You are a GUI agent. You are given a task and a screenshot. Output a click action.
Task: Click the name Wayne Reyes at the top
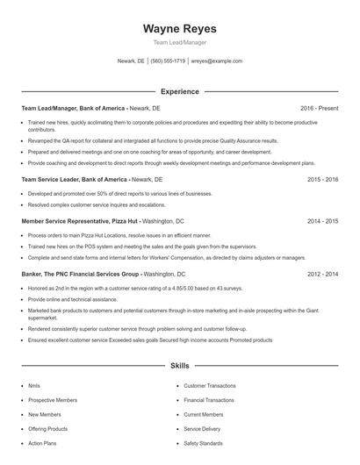[179, 29]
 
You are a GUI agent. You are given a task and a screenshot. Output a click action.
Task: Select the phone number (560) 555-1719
[168, 61]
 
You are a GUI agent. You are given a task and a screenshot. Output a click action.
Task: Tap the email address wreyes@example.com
[217, 61]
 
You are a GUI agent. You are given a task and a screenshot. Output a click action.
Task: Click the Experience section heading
[179, 91]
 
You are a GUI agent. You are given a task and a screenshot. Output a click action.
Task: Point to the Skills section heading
[179, 365]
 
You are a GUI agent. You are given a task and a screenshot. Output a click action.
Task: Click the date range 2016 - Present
[319, 108]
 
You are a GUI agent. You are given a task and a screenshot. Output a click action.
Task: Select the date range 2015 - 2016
[322, 179]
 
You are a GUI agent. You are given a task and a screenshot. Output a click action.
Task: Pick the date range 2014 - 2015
[322, 222]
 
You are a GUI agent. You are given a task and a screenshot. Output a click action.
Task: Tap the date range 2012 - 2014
[322, 274]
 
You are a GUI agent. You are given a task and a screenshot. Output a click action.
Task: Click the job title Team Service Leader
[52, 179]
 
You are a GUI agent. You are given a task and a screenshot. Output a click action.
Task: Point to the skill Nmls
[34, 385]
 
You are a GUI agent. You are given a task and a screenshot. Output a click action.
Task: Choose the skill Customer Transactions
[209, 385]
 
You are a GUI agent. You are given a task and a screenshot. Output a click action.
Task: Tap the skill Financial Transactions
[208, 400]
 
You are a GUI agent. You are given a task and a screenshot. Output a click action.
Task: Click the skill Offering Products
[47, 429]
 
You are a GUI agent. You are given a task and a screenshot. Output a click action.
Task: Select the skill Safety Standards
[203, 443]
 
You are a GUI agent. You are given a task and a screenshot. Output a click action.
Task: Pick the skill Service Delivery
[203, 429]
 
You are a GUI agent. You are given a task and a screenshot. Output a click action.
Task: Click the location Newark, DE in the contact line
[131, 61]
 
